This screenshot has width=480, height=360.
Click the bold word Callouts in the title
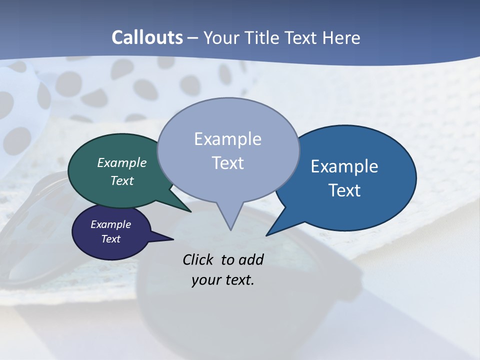[x=147, y=37]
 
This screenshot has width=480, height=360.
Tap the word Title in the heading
[x=260, y=37]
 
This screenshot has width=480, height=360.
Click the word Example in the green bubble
[x=122, y=162]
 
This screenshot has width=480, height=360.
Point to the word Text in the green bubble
[x=122, y=180]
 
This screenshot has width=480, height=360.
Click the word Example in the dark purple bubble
[x=110, y=224]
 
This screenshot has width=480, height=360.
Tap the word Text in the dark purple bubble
[x=110, y=239]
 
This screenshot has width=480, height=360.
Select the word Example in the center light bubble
[x=227, y=139]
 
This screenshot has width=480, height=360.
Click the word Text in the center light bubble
[x=227, y=163]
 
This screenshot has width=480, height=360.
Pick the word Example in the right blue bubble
[x=344, y=166]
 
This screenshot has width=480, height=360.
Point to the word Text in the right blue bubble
[x=344, y=190]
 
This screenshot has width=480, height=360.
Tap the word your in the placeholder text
[x=205, y=280]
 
